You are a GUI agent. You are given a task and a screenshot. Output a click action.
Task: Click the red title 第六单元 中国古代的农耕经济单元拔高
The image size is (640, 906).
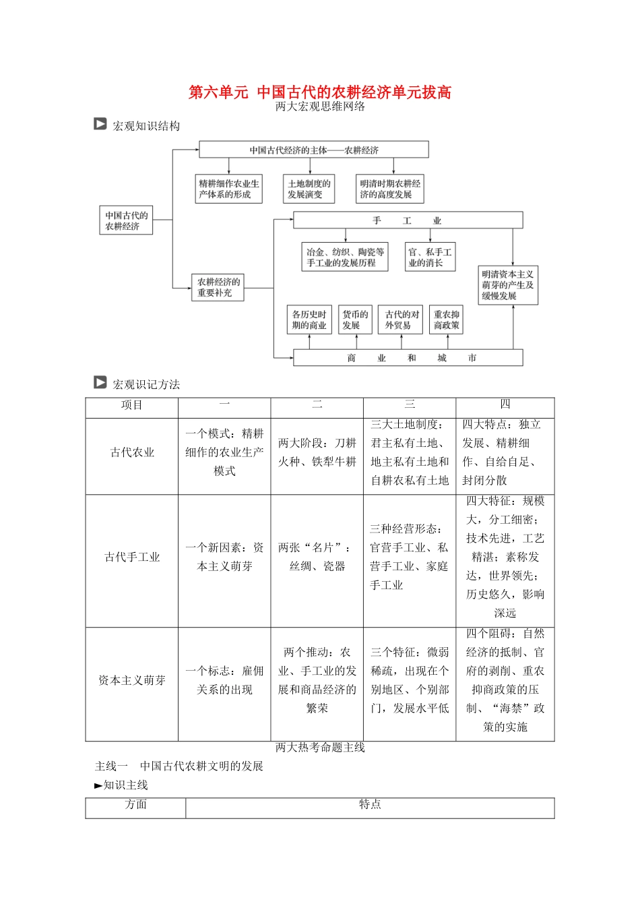[x=319, y=92]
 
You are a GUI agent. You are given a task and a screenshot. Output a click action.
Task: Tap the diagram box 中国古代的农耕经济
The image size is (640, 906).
[x=127, y=220]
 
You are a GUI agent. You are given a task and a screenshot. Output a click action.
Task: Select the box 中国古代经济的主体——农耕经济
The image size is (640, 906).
[x=314, y=150]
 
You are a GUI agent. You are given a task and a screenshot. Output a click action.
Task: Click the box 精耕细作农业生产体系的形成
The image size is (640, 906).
[x=228, y=189]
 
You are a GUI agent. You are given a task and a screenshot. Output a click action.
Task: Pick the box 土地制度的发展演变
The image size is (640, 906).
[x=309, y=189]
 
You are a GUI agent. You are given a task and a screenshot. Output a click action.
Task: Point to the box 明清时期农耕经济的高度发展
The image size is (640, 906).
[x=390, y=189]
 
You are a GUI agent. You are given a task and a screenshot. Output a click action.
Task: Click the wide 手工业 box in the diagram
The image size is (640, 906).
[x=408, y=220]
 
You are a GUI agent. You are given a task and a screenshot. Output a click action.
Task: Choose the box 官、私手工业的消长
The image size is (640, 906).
[x=430, y=258]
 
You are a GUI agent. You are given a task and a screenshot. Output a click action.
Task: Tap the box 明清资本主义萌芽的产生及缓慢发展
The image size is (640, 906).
[x=507, y=285]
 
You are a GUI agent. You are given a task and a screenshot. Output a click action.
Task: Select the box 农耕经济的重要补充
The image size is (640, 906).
[x=218, y=287]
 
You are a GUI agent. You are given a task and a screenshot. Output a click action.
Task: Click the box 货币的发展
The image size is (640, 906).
[x=354, y=320]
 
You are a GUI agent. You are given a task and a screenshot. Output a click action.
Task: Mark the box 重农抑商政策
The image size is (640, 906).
[x=446, y=320]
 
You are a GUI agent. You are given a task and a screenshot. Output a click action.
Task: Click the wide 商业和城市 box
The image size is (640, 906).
[x=408, y=358]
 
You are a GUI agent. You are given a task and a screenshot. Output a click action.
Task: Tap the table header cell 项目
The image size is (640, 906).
[x=132, y=405]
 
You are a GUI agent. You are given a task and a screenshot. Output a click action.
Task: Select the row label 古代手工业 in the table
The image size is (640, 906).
[x=132, y=557]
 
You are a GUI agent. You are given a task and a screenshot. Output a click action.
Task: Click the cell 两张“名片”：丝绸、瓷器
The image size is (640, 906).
[x=317, y=557]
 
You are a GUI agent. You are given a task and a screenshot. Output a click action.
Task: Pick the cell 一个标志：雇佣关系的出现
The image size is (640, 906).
[x=224, y=680]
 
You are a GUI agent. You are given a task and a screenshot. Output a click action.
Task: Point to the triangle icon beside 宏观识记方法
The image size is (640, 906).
[x=100, y=383]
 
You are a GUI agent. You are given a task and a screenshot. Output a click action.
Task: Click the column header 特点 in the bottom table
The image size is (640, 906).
[x=370, y=804]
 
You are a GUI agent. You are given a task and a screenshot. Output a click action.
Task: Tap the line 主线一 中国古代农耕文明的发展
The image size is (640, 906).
[x=179, y=766]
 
